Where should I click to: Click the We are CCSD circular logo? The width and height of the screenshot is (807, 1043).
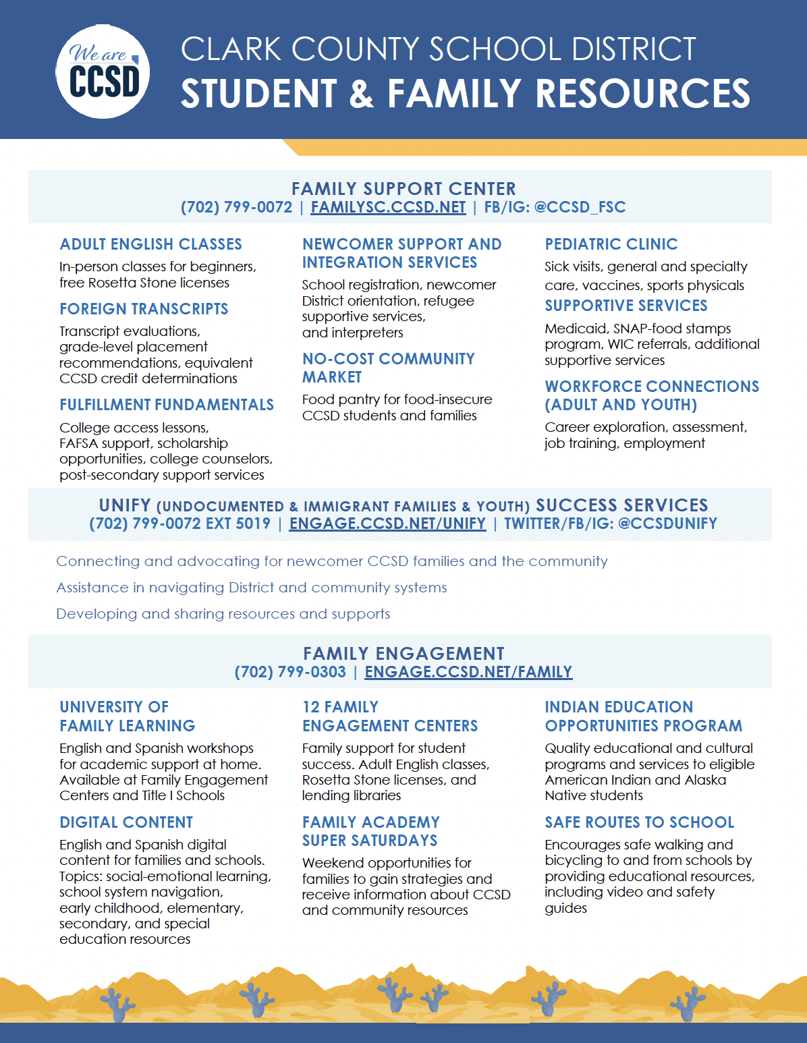point(103,72)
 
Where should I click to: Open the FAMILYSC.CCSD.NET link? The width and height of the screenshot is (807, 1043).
point(388,207)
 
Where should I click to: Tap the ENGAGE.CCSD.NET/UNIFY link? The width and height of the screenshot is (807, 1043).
point(387,524)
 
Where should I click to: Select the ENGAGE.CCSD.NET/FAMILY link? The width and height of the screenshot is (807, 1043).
point(468,672)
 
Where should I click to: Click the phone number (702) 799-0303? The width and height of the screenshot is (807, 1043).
point(290,672)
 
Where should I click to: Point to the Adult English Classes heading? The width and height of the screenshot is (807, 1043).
point(150,244)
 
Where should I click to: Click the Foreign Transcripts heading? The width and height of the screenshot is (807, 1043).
point(144,309)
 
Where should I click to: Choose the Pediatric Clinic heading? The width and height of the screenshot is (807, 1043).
point(611,244)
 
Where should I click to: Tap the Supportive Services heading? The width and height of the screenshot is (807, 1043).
point(626,306)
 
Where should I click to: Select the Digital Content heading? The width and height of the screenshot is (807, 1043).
point(126,822)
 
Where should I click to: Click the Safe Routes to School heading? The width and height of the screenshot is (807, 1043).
point(640,822)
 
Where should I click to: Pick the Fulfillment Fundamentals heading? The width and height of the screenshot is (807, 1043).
point(167,405)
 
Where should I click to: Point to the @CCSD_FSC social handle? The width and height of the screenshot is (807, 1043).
point(580,207)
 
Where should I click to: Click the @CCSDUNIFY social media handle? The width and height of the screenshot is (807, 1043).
point(667,524)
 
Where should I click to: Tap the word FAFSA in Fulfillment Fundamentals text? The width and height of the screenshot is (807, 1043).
point(80,443)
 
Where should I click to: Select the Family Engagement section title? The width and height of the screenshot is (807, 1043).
point(404,654)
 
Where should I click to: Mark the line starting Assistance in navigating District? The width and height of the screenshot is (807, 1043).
point(251,588)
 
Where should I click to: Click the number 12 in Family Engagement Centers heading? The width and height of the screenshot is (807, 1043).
point(311,707)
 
